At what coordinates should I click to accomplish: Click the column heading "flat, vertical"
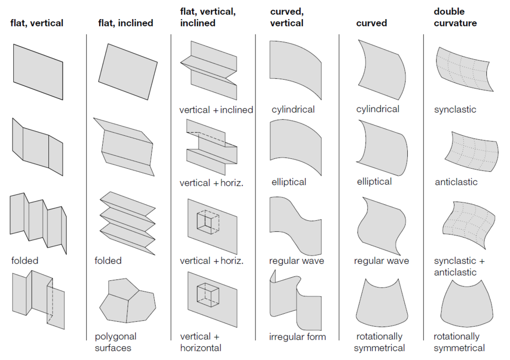[x=37, y=23]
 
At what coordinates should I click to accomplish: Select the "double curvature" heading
[x=455, y=17]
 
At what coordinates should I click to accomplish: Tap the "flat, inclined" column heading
[x=125, y=23]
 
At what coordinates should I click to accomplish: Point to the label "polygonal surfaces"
[x=115, y=342]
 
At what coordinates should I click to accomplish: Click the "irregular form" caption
[x=297, y=337]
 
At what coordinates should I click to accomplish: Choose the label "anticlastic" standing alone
[x=456, y=182]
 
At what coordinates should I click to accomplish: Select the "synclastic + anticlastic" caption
[x=459, y=266]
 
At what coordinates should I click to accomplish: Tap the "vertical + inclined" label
[x=216, y=110]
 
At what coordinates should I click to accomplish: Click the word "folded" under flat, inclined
[x=108, y=261]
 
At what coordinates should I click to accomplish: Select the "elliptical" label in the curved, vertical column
[x=289, y=182]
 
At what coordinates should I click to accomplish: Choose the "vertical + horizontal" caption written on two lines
[x=201, y=342]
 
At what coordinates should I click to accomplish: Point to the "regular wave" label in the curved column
[x=381, y=261]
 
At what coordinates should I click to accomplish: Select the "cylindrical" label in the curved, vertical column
[x=293, y=110]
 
